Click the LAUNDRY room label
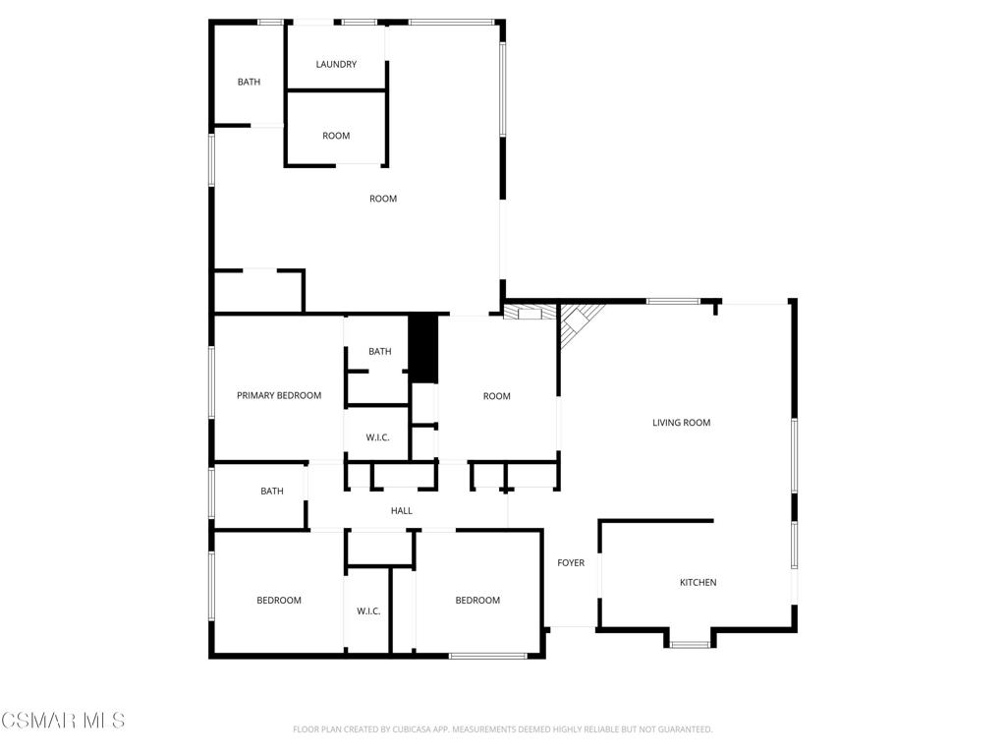point(336,64)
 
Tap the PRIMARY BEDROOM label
point(279,395)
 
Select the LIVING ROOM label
point(682,423)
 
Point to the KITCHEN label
point(699,582)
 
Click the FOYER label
point(571,562)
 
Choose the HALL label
point(402,510)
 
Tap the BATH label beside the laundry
point(249,82)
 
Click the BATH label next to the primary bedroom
point(380,351)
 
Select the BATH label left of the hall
point(272,492)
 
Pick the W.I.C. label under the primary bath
point(378,437)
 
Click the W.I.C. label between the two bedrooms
point(369,610)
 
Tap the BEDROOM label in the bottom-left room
point(279,601)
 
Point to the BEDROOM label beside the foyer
point(478,601)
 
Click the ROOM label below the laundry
point(336,136)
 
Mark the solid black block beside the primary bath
point(423,349)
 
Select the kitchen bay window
point(691,643)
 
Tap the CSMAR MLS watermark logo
point(63,721)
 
